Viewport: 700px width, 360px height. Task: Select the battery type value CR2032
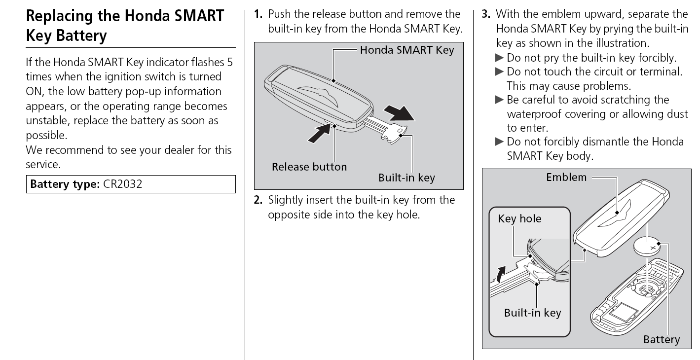(x=125, y=184)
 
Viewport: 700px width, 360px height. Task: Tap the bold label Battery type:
(x=65, y=184)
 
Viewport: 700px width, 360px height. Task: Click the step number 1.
(x=258, y=14)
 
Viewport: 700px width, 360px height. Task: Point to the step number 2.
(x=258, y=200)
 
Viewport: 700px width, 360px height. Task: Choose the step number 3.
(x=485, y=14)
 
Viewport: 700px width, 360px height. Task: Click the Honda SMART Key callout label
(x=406, y=50)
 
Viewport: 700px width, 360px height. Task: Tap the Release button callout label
(x=309, y=167)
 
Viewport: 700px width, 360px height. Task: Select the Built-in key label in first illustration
(x=406, y=178)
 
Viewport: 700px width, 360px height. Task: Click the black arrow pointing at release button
(x=319, y=133)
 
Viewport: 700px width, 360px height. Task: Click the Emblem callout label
(x=566, y=177)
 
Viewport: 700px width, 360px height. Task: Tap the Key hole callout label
(x=519, y=218)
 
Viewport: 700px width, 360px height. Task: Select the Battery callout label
(x=661, y=339)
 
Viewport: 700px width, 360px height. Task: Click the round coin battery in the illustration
(x=647, y=246)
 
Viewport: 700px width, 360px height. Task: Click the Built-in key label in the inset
(x=532, y=313)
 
